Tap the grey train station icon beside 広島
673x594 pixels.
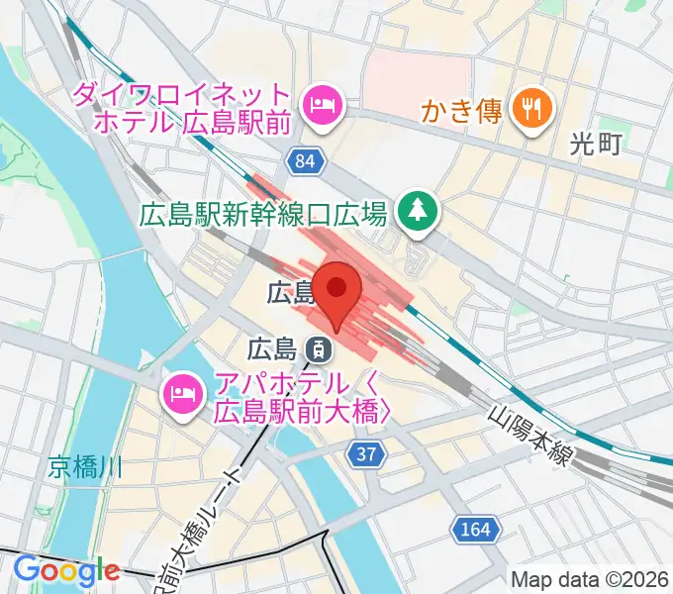[319, 347]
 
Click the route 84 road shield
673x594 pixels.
[306, 161]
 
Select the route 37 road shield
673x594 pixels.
[364, 453]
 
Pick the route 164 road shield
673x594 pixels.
[474, 531]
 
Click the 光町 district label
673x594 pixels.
[597, 145]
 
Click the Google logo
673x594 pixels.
[66, 571]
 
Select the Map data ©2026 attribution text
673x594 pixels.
[590, 578]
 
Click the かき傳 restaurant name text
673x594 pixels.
[463, 110]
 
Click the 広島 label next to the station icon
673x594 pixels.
[272, 348]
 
